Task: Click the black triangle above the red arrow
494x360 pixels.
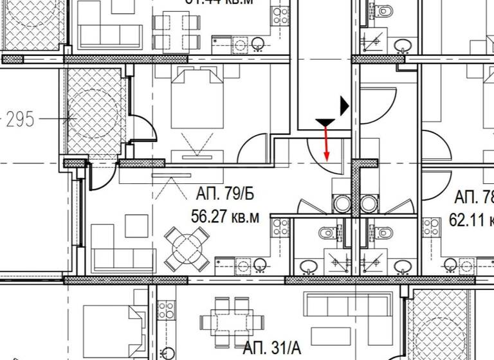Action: (325, 122)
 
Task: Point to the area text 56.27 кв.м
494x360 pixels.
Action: (225, 217)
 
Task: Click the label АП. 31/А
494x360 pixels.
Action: (271, 348)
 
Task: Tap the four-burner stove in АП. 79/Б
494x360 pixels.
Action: (280, 226)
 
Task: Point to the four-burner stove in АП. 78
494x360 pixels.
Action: (431, 226)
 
